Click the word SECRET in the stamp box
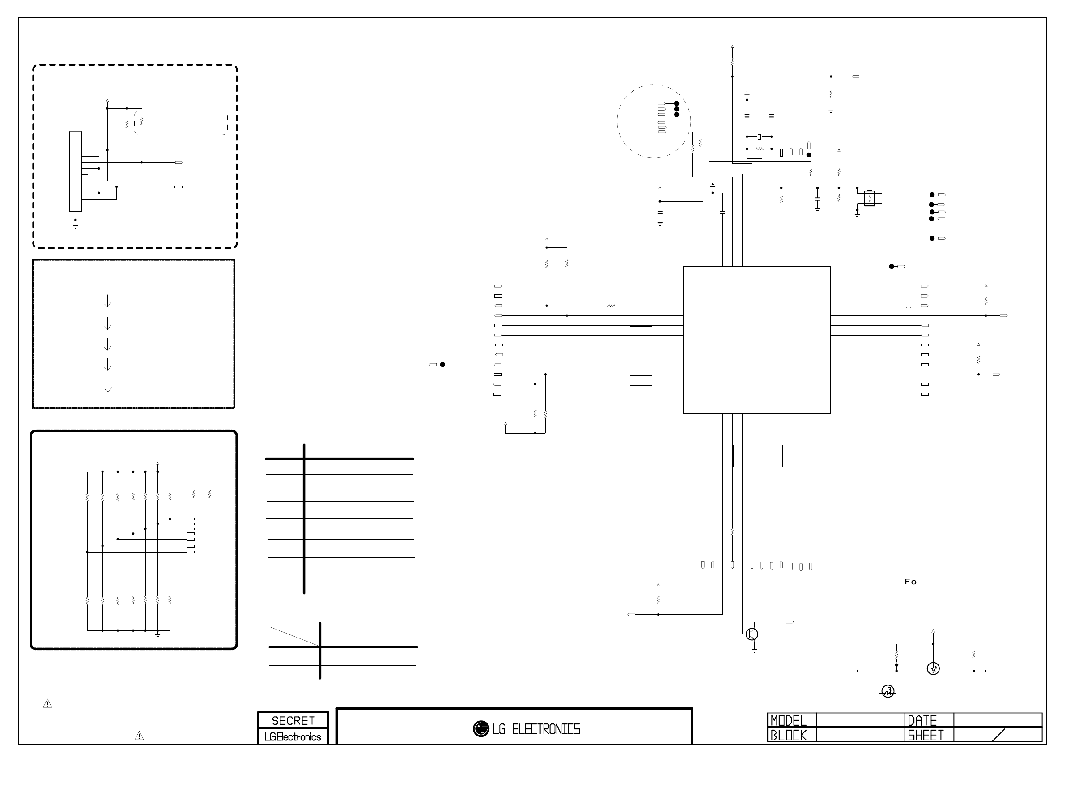pyautogui.click(x=293, y=720)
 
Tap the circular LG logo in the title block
pyautogui.click(x=480, y=729)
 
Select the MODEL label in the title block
pyautogui.click(x=788, y=720)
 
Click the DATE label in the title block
pyautogui.click(x=922, y=720)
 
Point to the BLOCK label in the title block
pyautogui.click(x=788, y=735)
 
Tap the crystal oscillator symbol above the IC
pyautogui.click(x=759, y=137)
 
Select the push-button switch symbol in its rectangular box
pyautogui.click(x=869, y=198)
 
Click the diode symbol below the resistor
pyautogui.click(x=896, y=667)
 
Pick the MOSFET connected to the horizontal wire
pyautogui.click(x=933, y=668)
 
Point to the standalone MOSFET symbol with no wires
pyautogui.click(x=888, y=691)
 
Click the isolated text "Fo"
pyautogui.click(x=910, y=582)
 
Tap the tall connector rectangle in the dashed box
pyautogui.click(x=75, y=171)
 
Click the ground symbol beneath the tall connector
pyautogui.click(x=75, y=226)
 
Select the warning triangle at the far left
pyautogui.click(x=47, y=703)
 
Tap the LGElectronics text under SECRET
pyautogui.click(x=293, y=736)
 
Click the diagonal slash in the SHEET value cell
pyautogui.click(x=998, y=735)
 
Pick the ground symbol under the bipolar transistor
pyautogui.click(x=755, y=650)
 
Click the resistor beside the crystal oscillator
pyautogui.click(x=760, y=149)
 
